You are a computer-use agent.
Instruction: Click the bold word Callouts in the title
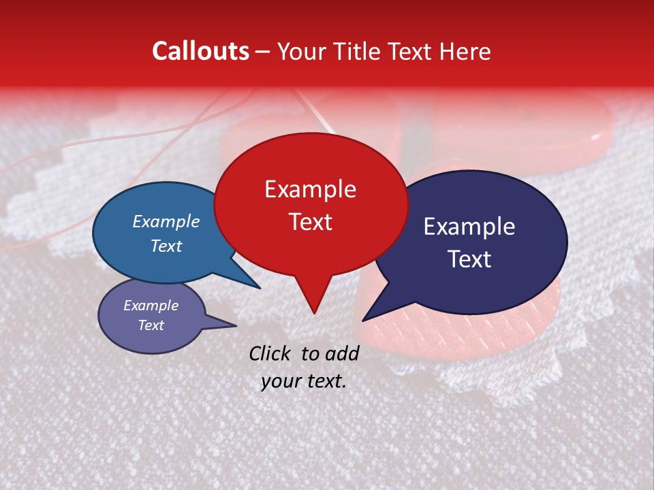pyautogui.click(x=200, y=51)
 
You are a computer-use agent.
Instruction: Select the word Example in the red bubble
pyautogui.click(x=310, y=189)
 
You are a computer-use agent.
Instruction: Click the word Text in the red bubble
pyautogui.click(x=310, y=222)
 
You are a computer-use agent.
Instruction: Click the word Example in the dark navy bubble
pyautogui.click(x=469, y=227)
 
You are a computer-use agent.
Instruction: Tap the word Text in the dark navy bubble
pyautogui.click(x=470, y=259)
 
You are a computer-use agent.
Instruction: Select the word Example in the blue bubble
pyautogui.click(x=166, y=222)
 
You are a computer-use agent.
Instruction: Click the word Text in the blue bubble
pyautogui.click(x=166, y=246)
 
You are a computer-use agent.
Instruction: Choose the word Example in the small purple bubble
pyautogui.click(x=151, y=306)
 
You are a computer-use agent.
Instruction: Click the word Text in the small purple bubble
pyautogui.click(x=151, y=325)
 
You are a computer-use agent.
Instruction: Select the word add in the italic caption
pyautogui.click(x=342, y=353)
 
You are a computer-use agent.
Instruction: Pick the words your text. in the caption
pyautogui.click(x=303, y=382)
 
